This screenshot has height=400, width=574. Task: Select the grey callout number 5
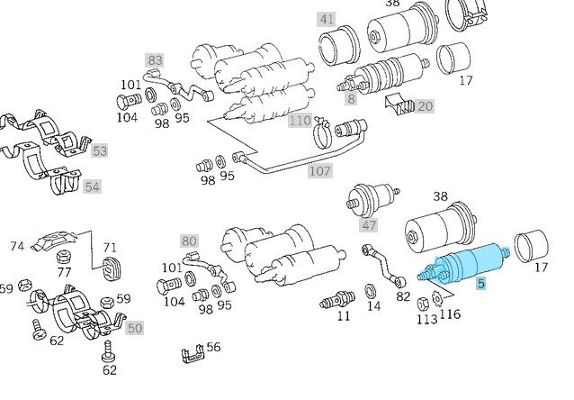point(481,285)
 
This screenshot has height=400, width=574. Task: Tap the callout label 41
point(326,18)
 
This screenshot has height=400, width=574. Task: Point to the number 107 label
point(319,169)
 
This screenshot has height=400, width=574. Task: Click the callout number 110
point(300,121)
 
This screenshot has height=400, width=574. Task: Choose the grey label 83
point(154,60)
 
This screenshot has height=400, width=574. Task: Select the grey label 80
point(188,241)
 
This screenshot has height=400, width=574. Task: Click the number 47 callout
point(369,224)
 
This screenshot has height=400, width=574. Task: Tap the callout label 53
point(99,150)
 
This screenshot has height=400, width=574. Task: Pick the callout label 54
point(92,186)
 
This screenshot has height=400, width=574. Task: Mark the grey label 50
point(134,328)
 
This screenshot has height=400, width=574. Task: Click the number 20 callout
point(425,106)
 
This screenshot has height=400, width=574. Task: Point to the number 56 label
point(213,347)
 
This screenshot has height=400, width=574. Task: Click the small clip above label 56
point(190,355)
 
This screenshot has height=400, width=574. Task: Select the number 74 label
point(17,246)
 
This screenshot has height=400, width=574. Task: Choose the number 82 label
point(402,295)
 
